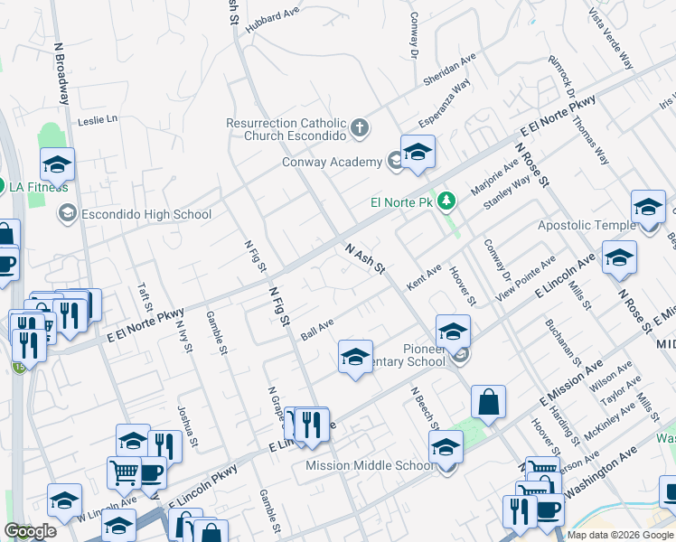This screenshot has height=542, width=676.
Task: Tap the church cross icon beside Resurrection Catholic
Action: point(360,127)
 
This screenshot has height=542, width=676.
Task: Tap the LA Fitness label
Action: point(39,187)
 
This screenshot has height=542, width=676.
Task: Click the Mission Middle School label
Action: point(371,466)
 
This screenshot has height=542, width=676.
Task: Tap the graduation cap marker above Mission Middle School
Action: point(446,447)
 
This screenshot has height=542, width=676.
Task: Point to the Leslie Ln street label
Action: point(99,119)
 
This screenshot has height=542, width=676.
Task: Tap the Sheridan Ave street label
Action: point(449,70)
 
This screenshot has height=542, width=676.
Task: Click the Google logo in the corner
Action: point(31,531)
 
